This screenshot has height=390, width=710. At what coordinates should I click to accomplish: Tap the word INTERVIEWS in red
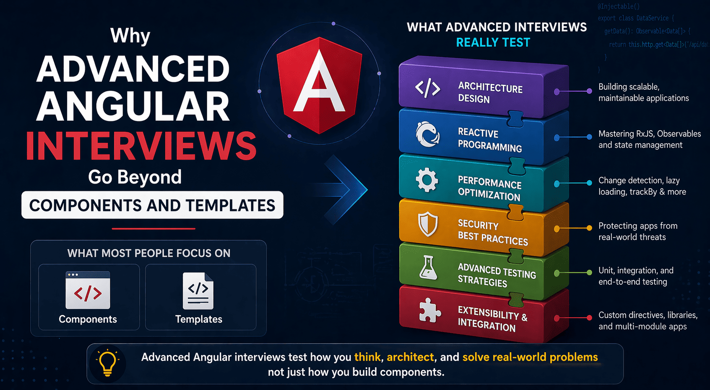141,146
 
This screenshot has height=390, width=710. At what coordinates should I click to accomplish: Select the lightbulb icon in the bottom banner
107,363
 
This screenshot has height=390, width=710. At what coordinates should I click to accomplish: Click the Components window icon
88,291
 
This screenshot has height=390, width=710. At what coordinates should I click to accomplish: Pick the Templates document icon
198,291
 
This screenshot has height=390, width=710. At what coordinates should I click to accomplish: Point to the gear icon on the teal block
427,181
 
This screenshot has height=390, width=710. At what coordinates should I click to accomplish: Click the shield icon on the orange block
428,224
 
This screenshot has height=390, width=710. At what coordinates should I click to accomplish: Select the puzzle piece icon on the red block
429,311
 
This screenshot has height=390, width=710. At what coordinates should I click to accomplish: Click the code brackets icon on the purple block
427,89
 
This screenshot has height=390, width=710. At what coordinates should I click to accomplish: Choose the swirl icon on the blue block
427,134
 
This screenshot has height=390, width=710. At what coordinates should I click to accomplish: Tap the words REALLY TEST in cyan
493,42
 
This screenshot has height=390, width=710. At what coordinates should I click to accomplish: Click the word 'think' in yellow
367,357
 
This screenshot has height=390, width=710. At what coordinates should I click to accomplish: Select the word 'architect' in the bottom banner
410,357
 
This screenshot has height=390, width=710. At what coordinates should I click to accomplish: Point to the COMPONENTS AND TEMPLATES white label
152,205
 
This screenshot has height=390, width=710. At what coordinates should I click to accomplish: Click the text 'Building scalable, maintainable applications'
643,92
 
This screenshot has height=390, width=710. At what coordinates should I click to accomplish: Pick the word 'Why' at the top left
130,36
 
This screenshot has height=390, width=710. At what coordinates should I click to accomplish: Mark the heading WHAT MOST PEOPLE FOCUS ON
149,253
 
